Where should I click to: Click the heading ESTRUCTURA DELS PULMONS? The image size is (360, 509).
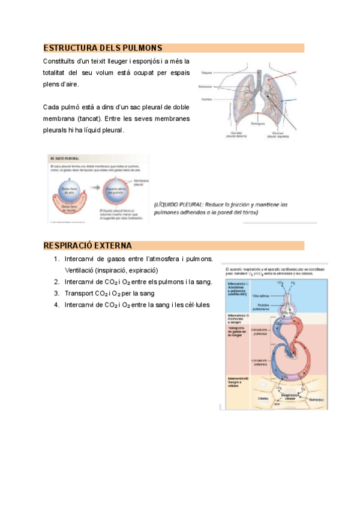click(103, 48)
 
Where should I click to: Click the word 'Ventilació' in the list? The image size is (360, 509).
click(81, 270)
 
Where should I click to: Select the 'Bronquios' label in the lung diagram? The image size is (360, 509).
click(207, 86)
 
